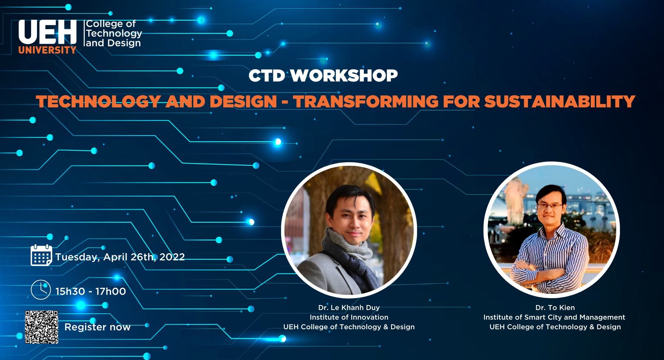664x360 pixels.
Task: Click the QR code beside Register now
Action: [x=41, y=327]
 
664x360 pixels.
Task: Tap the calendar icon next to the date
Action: [x=41, y=255]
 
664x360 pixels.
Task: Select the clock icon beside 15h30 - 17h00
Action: [x=41, y=290]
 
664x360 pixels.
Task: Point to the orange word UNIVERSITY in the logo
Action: [x=47, y=50]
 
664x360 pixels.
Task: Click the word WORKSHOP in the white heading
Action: [x=344, y=76]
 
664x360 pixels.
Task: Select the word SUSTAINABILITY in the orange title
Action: [x=560, y=101]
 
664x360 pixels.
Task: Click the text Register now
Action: [x=97, y=327]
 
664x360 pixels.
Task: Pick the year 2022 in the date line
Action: [x=172, y=257]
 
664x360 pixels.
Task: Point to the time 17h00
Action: [x=111, y=291]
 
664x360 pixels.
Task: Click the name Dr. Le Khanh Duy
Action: [x=349, y=307]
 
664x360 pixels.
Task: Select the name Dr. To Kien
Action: [x=555, y=307]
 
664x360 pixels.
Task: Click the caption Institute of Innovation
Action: [x=349, y=317]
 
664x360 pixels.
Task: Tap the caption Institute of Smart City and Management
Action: [x=554, y=317]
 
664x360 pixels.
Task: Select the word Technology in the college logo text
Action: [x=114, y=34]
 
